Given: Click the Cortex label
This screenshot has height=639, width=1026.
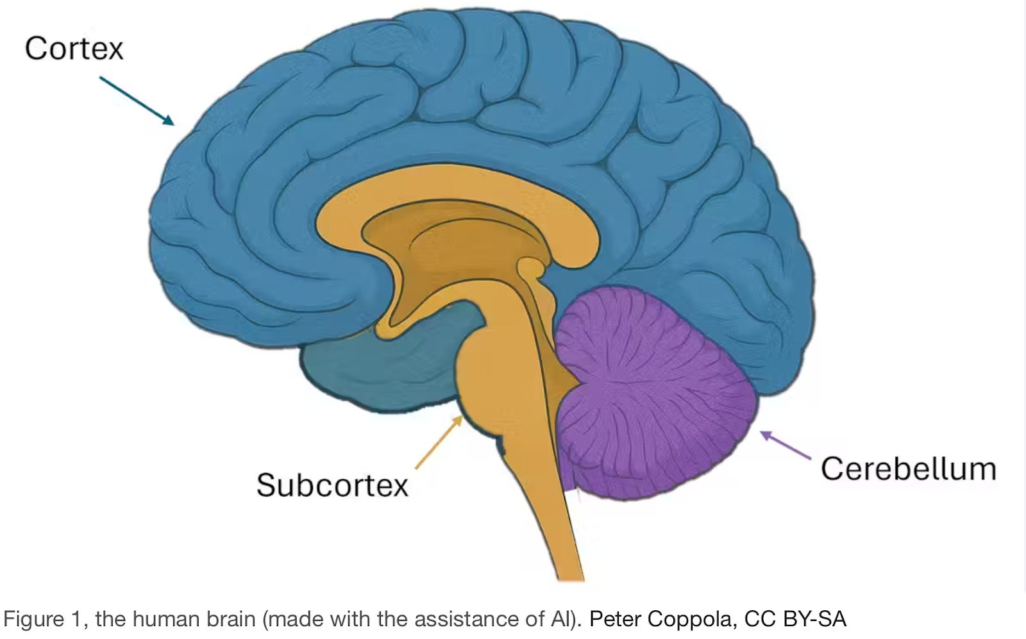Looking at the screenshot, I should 74,49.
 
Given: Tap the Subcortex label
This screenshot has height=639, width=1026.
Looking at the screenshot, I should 332,485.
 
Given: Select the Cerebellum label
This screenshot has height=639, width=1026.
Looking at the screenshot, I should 908,469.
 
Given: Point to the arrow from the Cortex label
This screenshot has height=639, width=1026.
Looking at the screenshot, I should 137,101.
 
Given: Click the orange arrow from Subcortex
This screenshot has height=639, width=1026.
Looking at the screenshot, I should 439,442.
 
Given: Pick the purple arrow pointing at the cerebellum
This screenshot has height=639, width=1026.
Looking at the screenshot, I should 785,445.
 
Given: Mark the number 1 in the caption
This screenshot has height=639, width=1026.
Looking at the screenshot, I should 76,620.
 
